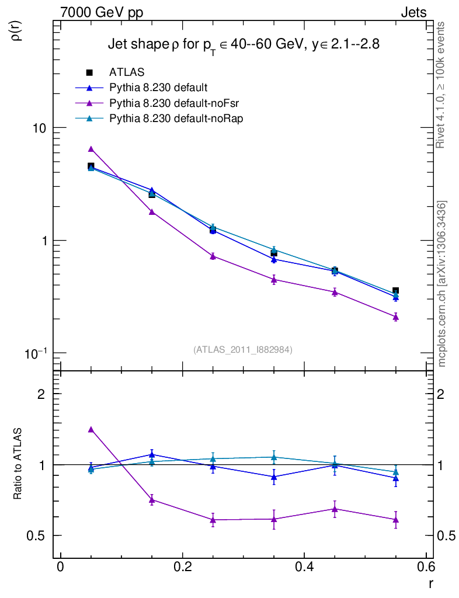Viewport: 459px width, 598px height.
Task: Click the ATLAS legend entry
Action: [127, 72]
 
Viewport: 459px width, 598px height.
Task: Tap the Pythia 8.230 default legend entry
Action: [158, 88]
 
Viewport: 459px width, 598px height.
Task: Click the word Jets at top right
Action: [413, 13]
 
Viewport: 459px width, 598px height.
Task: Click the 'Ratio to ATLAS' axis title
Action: [19, 464]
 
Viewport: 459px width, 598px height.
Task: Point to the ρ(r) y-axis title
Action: [17, 30]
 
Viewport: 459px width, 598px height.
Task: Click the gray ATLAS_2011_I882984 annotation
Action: [243, 349]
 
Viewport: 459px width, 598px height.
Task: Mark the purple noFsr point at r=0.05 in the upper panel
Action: [91, 149]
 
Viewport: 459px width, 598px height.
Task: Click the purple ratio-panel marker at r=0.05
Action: [91, 429]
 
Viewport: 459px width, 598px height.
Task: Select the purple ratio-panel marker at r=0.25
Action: [213, 520]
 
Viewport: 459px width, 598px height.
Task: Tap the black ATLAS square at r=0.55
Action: [395, 290]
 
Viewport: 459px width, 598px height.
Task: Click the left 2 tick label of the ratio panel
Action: [41, 394]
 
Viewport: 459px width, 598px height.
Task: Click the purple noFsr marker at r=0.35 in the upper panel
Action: [274, 280]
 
